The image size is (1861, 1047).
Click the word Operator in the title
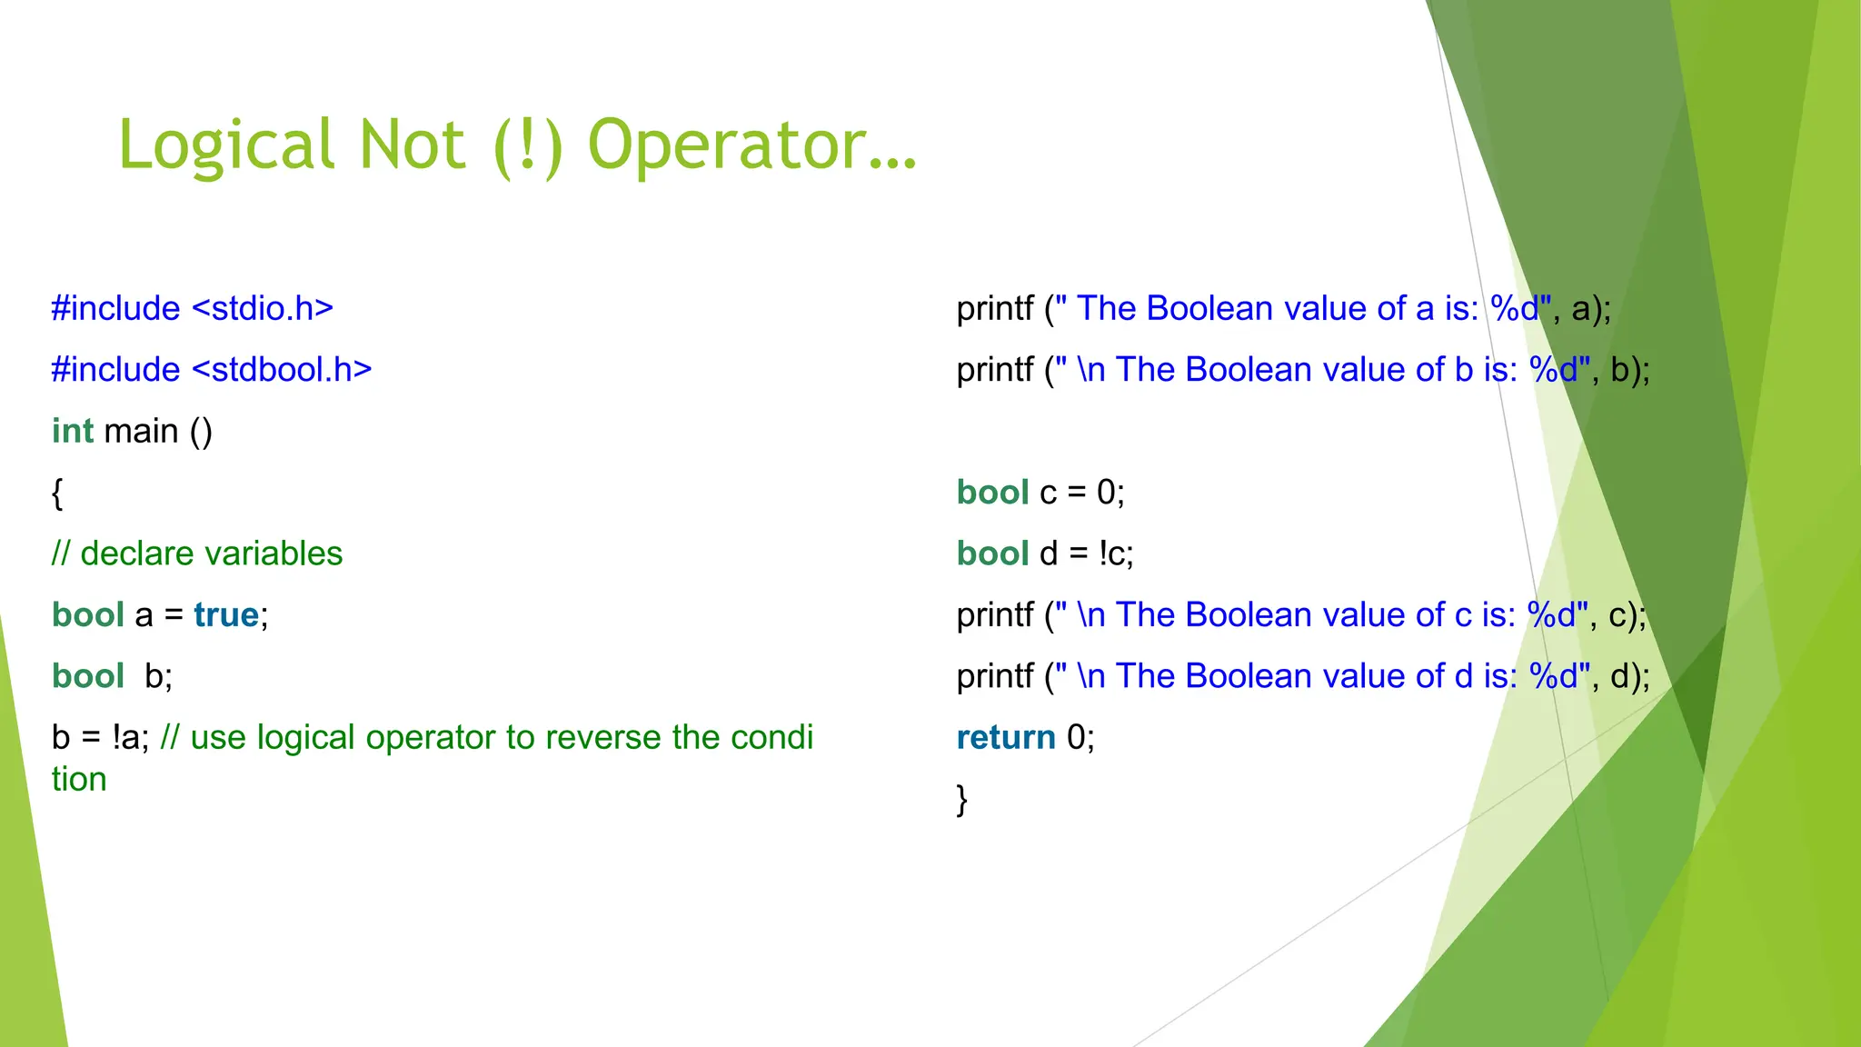pyautogui.click(x=752, y=145)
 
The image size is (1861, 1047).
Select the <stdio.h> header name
pyautogui.click(x=263, y=309)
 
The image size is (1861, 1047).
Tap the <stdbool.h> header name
pyautogui.click(x=283, y=370)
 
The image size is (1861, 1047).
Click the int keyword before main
pyautogui.click(x=73, y=432)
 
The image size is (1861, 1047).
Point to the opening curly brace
pyautogui.click(x=57, y=494)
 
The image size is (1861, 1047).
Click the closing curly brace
pyautogui.click(x=962, y=800)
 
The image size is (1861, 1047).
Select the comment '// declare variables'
pyautogui.click(x=197, y=553)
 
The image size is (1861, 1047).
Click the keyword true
pyautogui.click(x=226, y=615)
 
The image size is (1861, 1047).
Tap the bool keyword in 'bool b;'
pyautogui.click(x=88, y=676)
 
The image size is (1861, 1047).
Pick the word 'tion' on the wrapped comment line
pyautogui.click(x=79, y=780)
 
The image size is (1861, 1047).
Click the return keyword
pyautogui.click(x=1006, y=738)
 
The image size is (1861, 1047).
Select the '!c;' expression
pyautogui.click(x=1116, y=553)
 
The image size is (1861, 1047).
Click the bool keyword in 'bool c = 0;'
pyautogui.click(x=992, y=493)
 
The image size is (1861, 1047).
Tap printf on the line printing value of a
pyautogui.click(x=995, y=309)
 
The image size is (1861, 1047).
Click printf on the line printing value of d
pyautogui.click(x=995, y=676)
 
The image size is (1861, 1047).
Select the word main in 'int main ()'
pyautogui.click(x=142, y=432)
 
